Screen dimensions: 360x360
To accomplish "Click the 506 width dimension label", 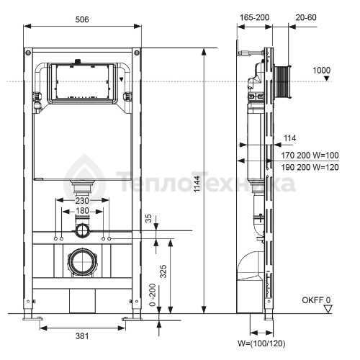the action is (x=82, y=19).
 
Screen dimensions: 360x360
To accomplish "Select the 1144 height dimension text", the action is (x=197, y=184).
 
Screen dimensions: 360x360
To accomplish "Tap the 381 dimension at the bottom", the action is (x=82, y=336).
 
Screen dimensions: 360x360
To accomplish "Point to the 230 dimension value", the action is (x=82, y=200).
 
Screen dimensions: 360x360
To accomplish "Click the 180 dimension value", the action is (x=82, y=211).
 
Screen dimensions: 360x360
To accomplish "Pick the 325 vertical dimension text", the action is (x=163, y=271).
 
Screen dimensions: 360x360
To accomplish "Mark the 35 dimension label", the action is (x=149, y=218).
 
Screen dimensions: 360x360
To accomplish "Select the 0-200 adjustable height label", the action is (x=152, y=295).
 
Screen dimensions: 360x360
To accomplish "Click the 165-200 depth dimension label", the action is (x=255, y=17).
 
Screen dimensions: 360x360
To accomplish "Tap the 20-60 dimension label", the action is (x=306, y=17).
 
